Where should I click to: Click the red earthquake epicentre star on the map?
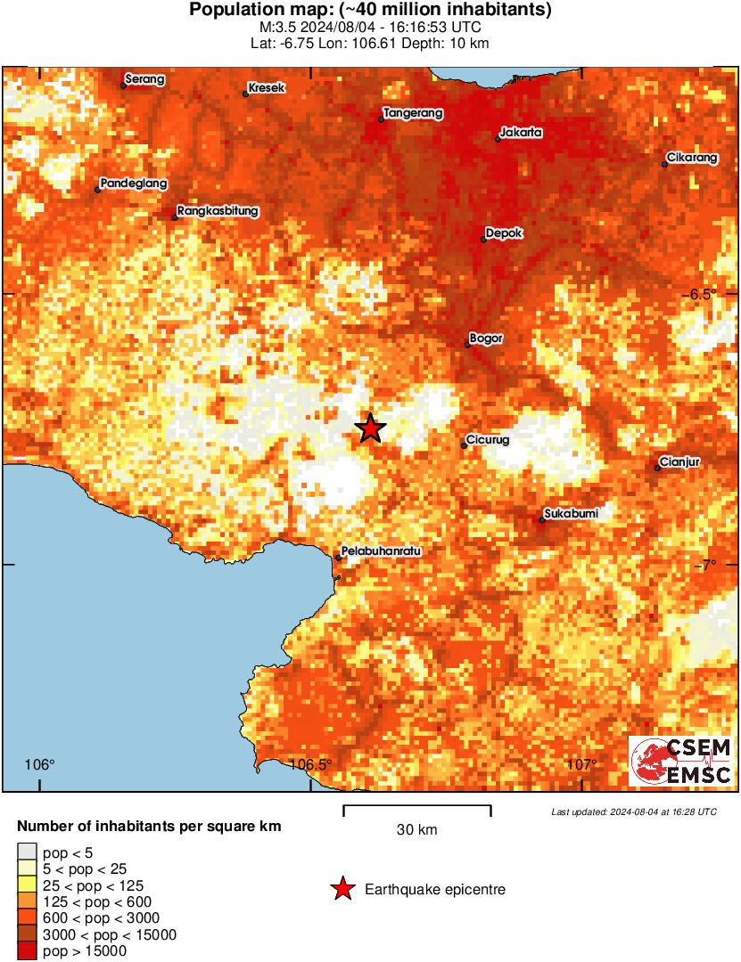(370, 428)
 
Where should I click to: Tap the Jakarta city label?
(522, 133)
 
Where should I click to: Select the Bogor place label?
(486, 338)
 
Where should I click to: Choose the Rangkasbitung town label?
(218, 211)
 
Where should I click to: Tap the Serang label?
(145, 79)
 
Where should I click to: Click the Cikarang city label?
(692, 159)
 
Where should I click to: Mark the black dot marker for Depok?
(484, 239)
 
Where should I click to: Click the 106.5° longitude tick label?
(311, 764)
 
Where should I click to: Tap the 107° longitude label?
(581, 764)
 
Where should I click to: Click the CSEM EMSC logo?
(681, 761)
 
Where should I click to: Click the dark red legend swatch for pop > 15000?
(27, 951)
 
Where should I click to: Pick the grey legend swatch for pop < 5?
(27, 853)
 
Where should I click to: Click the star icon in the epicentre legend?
(342, 889)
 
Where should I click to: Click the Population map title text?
(370, 11)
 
